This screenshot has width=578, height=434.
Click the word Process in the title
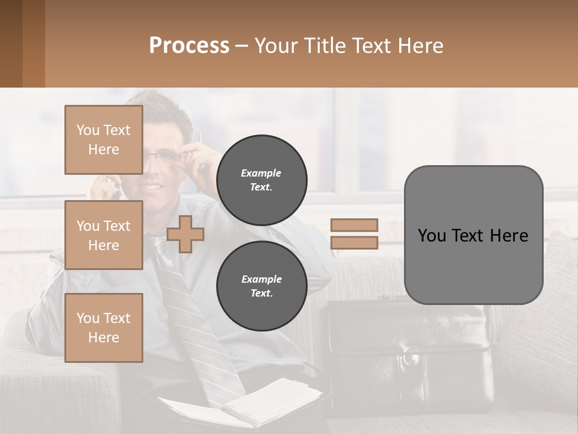coord(189,46)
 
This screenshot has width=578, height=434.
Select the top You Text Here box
coord(104,140)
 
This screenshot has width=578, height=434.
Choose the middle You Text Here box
coord(104,235)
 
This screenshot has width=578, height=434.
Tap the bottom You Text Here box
coord(104,327)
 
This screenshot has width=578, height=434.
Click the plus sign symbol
coord(185,234)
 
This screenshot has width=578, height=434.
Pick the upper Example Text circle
coord(261,180)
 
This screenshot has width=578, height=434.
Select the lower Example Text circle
coord(261,286)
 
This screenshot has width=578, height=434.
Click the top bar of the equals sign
coord(354,225)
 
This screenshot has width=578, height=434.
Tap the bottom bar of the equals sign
coord(354,243)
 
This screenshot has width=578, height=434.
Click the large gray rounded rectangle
coord(473,234)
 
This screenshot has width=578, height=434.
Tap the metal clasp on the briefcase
coord(412,356)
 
